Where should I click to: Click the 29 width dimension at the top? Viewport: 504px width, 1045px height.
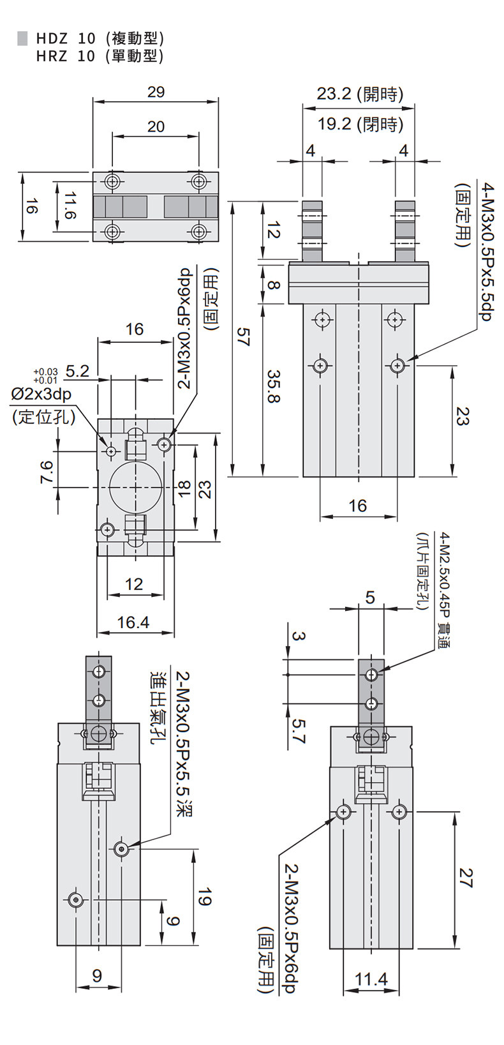point(156,92)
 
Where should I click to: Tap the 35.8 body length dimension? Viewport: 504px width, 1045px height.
point(274,387)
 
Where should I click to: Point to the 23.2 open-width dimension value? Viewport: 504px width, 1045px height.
point(334,94)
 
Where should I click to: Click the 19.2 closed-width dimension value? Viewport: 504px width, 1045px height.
point(334,124)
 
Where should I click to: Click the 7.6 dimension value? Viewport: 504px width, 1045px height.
point(47,472)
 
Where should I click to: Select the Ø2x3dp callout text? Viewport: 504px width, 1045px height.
point(41,395)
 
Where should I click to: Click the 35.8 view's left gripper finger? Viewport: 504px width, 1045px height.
point(312,231)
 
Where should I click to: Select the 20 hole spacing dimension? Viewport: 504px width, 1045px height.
point(156,126)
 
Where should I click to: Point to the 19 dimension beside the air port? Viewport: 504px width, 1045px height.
point(204,897)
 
